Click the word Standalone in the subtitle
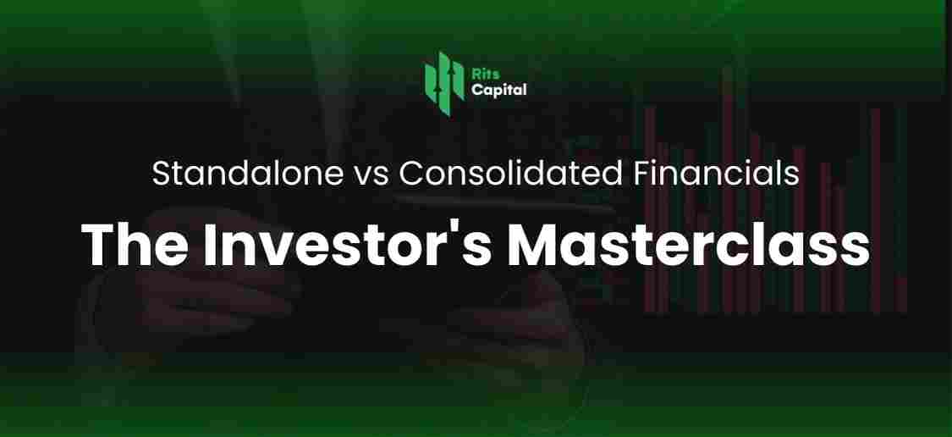[246, 174]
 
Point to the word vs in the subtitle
[369, 175]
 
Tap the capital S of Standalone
[162, 174]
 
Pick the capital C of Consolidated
[412, 174]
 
